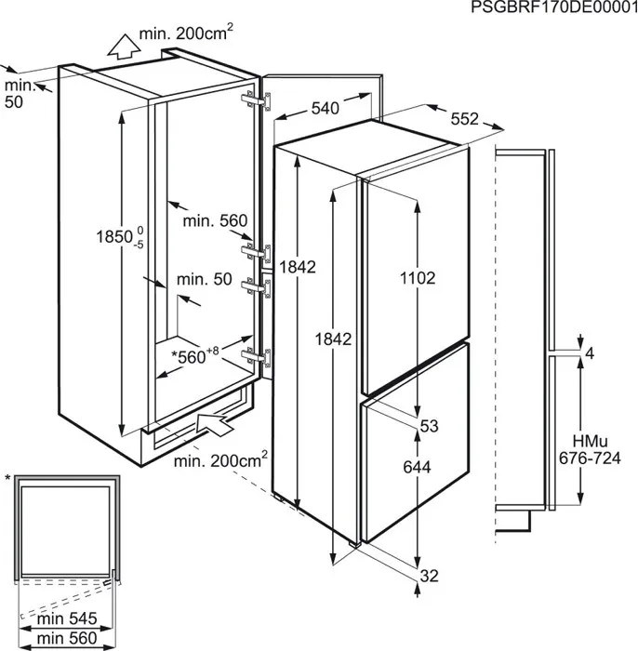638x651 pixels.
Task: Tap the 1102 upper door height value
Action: point(419,277)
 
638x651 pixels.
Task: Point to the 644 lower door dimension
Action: point(419,469)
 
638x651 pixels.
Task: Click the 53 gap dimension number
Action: point(429,427)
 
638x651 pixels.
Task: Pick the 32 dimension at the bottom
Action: point(428,577)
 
